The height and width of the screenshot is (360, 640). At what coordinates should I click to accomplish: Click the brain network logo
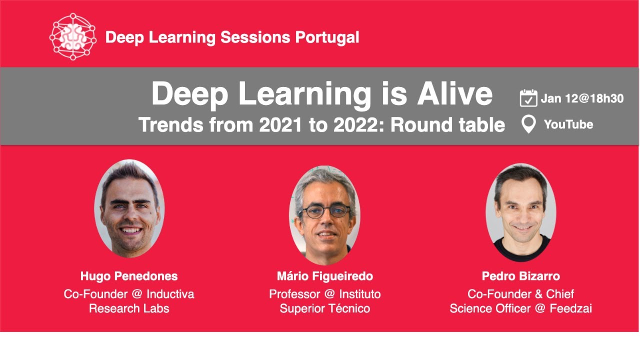pos(73,36)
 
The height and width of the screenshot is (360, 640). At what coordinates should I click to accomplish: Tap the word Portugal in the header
pos(327,37)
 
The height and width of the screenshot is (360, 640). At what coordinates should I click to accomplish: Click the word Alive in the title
pos(455,94)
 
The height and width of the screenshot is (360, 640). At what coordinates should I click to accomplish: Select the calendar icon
pos(528,98)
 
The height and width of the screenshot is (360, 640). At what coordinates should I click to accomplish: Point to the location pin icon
pos(528,124)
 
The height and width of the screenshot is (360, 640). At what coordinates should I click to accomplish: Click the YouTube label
pos(568,124)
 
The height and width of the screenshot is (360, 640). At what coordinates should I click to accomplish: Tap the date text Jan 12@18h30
pos(582,98)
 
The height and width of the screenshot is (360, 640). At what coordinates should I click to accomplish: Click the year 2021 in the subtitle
pos(280,125)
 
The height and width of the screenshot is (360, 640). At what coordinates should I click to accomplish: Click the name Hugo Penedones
pos(129,276)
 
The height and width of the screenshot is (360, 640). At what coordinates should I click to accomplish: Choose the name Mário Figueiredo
pos(325,276)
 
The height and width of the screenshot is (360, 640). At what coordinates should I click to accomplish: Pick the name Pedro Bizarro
pos(521,276)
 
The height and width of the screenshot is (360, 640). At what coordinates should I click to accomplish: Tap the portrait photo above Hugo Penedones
pos(129,208)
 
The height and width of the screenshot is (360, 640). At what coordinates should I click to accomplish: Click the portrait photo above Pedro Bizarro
pos(521,212)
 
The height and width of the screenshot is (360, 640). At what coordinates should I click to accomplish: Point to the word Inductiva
pos(170,294)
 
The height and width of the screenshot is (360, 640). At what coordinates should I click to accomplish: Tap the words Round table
pos(447,125)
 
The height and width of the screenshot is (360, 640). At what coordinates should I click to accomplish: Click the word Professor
pos(294,294)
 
